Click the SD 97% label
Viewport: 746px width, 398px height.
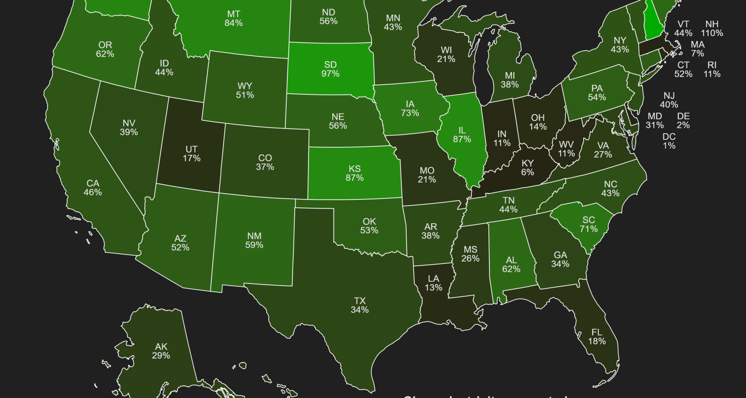point(330,69)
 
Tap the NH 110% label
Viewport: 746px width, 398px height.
point(712,29)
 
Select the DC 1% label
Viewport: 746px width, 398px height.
point(669,141)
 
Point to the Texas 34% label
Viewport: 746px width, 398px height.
point(359,305)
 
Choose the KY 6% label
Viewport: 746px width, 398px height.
point(527,168)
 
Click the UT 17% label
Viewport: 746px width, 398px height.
point(192,154)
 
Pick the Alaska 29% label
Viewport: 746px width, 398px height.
point(161,351)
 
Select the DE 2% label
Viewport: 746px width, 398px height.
point(683,120)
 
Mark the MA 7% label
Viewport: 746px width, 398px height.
point(697,49)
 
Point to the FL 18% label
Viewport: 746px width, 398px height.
point(597,337)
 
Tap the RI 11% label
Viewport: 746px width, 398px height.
point(712,69)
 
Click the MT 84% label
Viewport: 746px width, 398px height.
point(234,19)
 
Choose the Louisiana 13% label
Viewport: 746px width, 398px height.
point(433,283)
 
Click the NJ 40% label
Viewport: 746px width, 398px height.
point(669,100)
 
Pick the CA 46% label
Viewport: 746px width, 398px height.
point(92,187)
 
